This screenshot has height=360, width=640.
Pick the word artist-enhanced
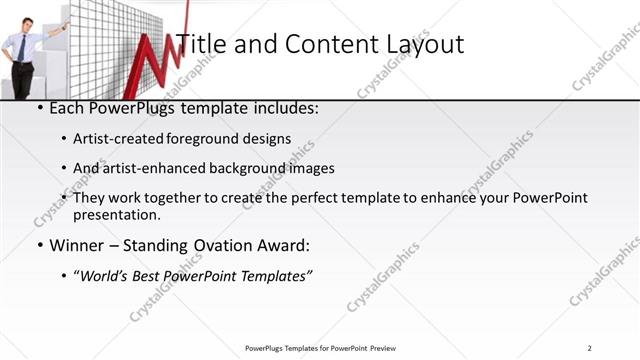152,169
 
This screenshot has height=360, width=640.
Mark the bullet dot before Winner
39,246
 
